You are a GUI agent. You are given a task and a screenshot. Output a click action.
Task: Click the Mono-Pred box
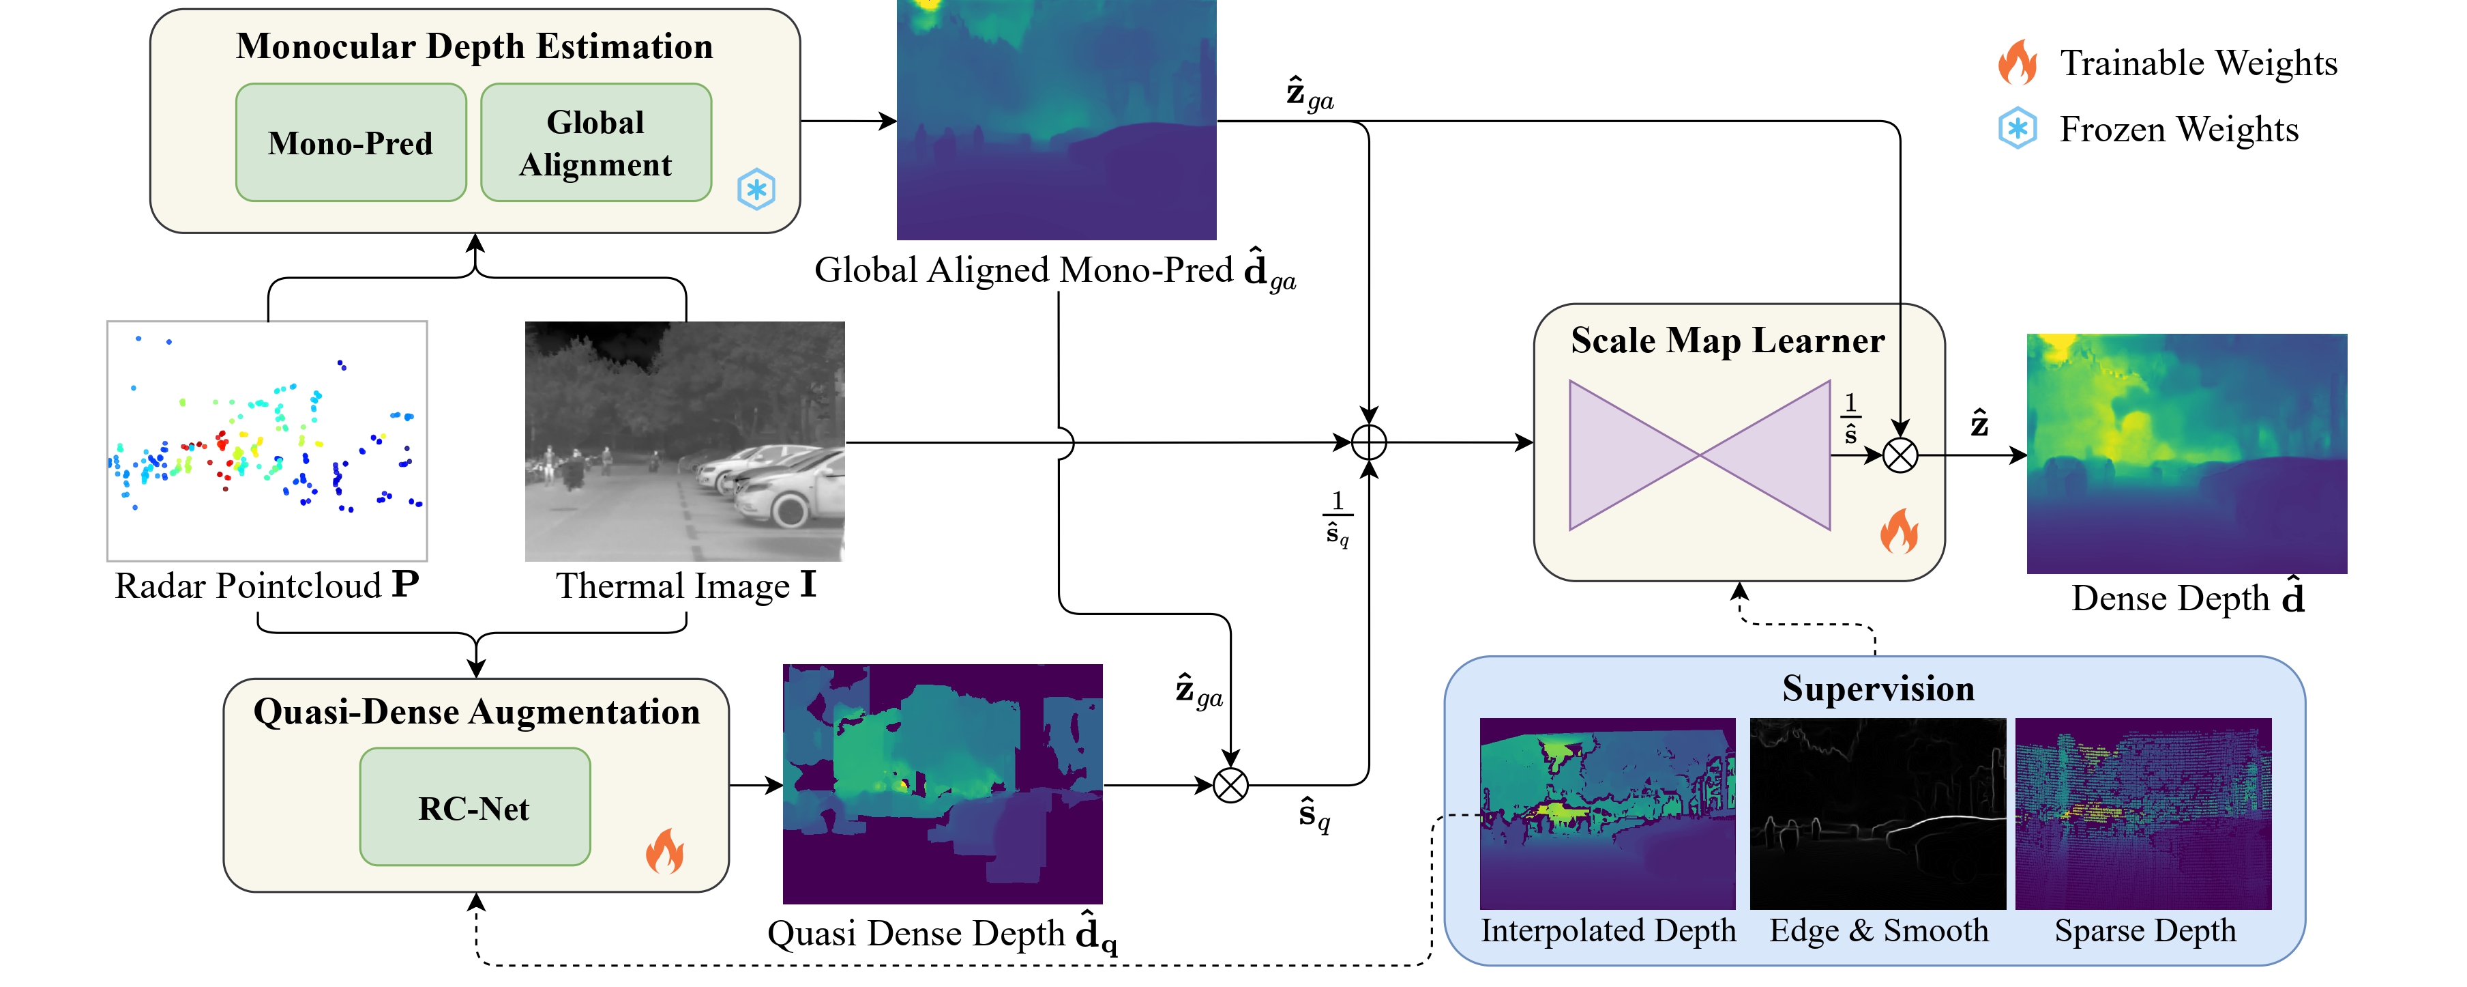pos(351,143)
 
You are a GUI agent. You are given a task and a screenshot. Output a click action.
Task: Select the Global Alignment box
pos(595,143)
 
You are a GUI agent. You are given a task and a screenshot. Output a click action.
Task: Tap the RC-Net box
pos(474,807)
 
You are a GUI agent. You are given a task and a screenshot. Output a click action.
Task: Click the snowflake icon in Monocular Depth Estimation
pos(756,189)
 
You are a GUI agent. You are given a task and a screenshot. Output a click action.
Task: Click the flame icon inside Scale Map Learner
pos(1898,531)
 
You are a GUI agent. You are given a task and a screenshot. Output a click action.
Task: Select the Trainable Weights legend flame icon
pos(2018,62)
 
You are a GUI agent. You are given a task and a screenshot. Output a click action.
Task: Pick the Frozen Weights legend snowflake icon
pos(2018,128)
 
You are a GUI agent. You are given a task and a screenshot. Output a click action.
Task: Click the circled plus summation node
pos(1368,443)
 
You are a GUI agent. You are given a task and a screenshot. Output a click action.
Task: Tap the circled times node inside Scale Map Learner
pos(1900,455)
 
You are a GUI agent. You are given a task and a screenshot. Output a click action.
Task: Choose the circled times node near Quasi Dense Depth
pos(1230,786)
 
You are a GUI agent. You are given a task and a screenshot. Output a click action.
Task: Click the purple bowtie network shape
pos(1699,455)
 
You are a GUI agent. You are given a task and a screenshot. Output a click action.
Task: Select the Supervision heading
pos(1878,689)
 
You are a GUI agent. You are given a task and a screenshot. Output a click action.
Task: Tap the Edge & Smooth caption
pos(1878,930)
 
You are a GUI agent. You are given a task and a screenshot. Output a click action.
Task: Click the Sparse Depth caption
pos(2144,930)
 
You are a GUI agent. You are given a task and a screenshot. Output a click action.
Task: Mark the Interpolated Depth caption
pos(1608,930)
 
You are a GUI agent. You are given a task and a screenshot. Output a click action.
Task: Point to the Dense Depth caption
pos(2187,598)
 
